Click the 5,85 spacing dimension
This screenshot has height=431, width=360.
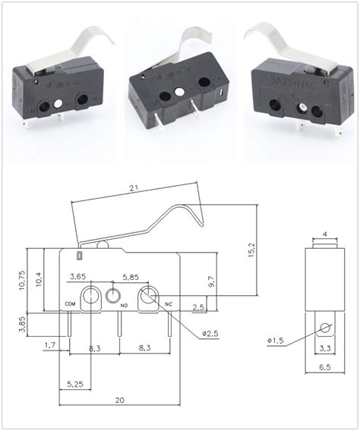(129, 278)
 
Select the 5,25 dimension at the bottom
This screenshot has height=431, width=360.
(74, 384)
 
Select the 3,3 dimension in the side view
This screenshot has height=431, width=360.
(324, 348)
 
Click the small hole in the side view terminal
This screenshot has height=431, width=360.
(324, 328)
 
